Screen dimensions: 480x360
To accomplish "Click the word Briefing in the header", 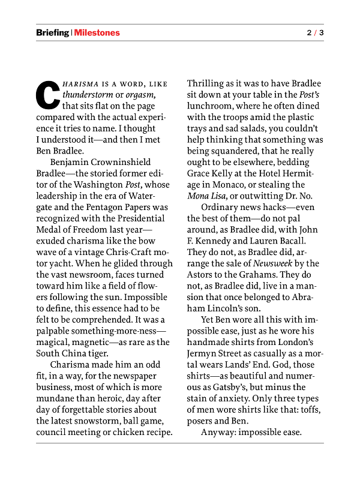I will [52, 33].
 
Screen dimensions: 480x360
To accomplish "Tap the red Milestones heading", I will [97, 33].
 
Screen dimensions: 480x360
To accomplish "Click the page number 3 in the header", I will [322, 33].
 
